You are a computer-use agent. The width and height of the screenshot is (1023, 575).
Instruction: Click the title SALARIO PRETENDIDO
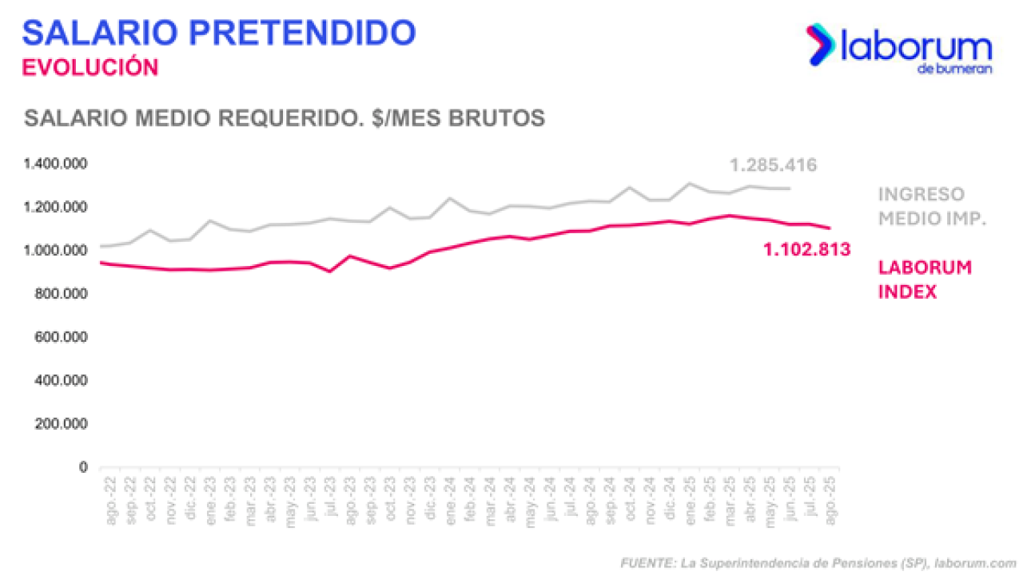[219, 33]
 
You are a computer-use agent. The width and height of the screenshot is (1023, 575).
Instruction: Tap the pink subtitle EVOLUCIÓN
[90, 67]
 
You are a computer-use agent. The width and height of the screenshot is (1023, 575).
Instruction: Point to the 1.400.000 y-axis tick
[56, 165]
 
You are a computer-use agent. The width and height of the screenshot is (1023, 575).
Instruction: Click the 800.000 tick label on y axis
[61, 295]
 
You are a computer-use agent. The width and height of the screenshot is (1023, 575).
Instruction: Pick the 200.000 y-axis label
[61, 424]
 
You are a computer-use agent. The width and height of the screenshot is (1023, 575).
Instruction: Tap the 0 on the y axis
[83, 467]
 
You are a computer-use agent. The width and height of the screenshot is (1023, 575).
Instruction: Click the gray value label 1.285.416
[773, 166]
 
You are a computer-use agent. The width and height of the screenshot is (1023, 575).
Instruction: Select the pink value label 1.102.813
[806, 250]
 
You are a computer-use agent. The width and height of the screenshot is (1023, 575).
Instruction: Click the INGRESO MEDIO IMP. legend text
[932, 206]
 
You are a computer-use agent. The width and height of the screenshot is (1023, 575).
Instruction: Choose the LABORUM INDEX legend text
[925, 280]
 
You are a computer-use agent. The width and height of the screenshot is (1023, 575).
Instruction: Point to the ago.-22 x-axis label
[110, 502]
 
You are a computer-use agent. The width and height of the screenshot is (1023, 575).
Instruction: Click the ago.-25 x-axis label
[831, 502]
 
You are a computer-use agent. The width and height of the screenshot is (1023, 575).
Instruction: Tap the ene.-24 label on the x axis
[451, 502]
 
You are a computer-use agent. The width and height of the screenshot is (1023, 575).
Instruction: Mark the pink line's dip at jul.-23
[329, 272]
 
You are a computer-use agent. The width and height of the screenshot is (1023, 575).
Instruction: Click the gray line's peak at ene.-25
[690, 184]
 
